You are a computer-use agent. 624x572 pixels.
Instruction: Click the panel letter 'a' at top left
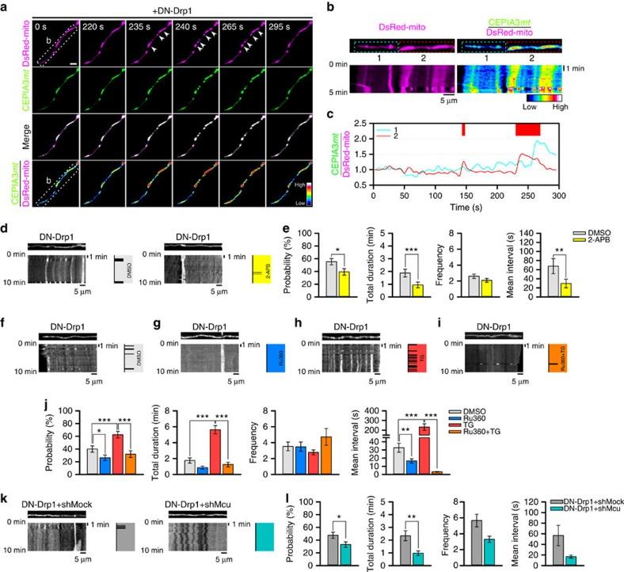(5, 7)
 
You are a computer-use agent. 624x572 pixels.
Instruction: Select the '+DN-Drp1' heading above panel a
(188, 7)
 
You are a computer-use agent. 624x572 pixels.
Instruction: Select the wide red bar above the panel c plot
(527, 129)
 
